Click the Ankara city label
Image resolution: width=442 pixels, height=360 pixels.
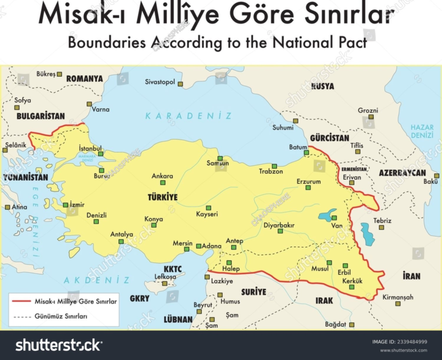[162, 176]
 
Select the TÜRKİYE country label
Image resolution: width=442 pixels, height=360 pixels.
[163, 197]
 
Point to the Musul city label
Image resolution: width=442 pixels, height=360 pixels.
[320, 268]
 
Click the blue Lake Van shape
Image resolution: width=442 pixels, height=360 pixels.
[327, 216]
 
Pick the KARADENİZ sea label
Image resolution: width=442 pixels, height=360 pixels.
[188, 115]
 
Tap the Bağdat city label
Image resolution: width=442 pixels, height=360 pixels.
[336, 324]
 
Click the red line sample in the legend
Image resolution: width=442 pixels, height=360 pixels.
[23, 301]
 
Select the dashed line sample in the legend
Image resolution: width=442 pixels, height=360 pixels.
[23, 316]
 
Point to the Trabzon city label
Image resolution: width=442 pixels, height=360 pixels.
[271, 171]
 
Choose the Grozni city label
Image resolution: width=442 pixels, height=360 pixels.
[368, 111]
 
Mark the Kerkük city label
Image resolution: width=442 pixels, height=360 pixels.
[352, 281]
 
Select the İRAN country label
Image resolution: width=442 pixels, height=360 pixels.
[411, 276]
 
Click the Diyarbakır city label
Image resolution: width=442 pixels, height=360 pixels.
[279, 225]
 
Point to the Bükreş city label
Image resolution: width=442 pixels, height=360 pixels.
[46, 74]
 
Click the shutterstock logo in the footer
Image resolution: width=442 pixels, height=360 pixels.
[59, 345]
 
